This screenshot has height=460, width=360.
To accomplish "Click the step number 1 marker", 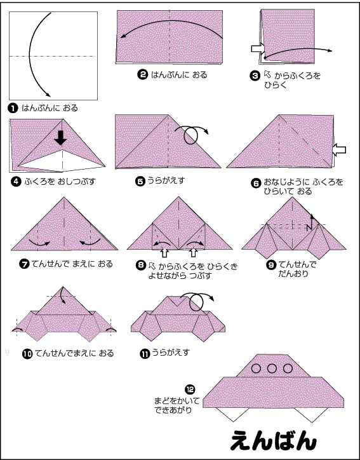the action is point(13,108).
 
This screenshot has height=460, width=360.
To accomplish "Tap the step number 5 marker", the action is point(140,181).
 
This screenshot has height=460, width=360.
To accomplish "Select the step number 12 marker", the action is point(190,389).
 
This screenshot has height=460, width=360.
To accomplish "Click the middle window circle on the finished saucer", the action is point(272,368).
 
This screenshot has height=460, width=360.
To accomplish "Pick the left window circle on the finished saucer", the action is point(256,368).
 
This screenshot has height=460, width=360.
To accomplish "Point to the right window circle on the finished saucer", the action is point(288,368).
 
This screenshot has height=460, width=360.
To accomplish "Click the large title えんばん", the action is point(274,440).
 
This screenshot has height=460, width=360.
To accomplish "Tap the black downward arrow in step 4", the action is point(60,138).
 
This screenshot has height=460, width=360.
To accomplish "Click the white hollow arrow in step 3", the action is point(258,49).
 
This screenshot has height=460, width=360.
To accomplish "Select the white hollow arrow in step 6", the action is point(339,150).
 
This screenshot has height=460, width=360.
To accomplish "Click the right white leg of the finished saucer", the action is point(312,414).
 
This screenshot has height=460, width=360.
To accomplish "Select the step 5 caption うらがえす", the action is point(166,180).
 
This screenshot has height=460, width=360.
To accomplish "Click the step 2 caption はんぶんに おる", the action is point(179,75).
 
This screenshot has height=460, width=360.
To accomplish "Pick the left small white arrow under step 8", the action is point(164,253).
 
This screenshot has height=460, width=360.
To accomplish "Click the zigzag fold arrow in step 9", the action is point(310,222).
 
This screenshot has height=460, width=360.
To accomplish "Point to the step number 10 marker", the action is point(27,354).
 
